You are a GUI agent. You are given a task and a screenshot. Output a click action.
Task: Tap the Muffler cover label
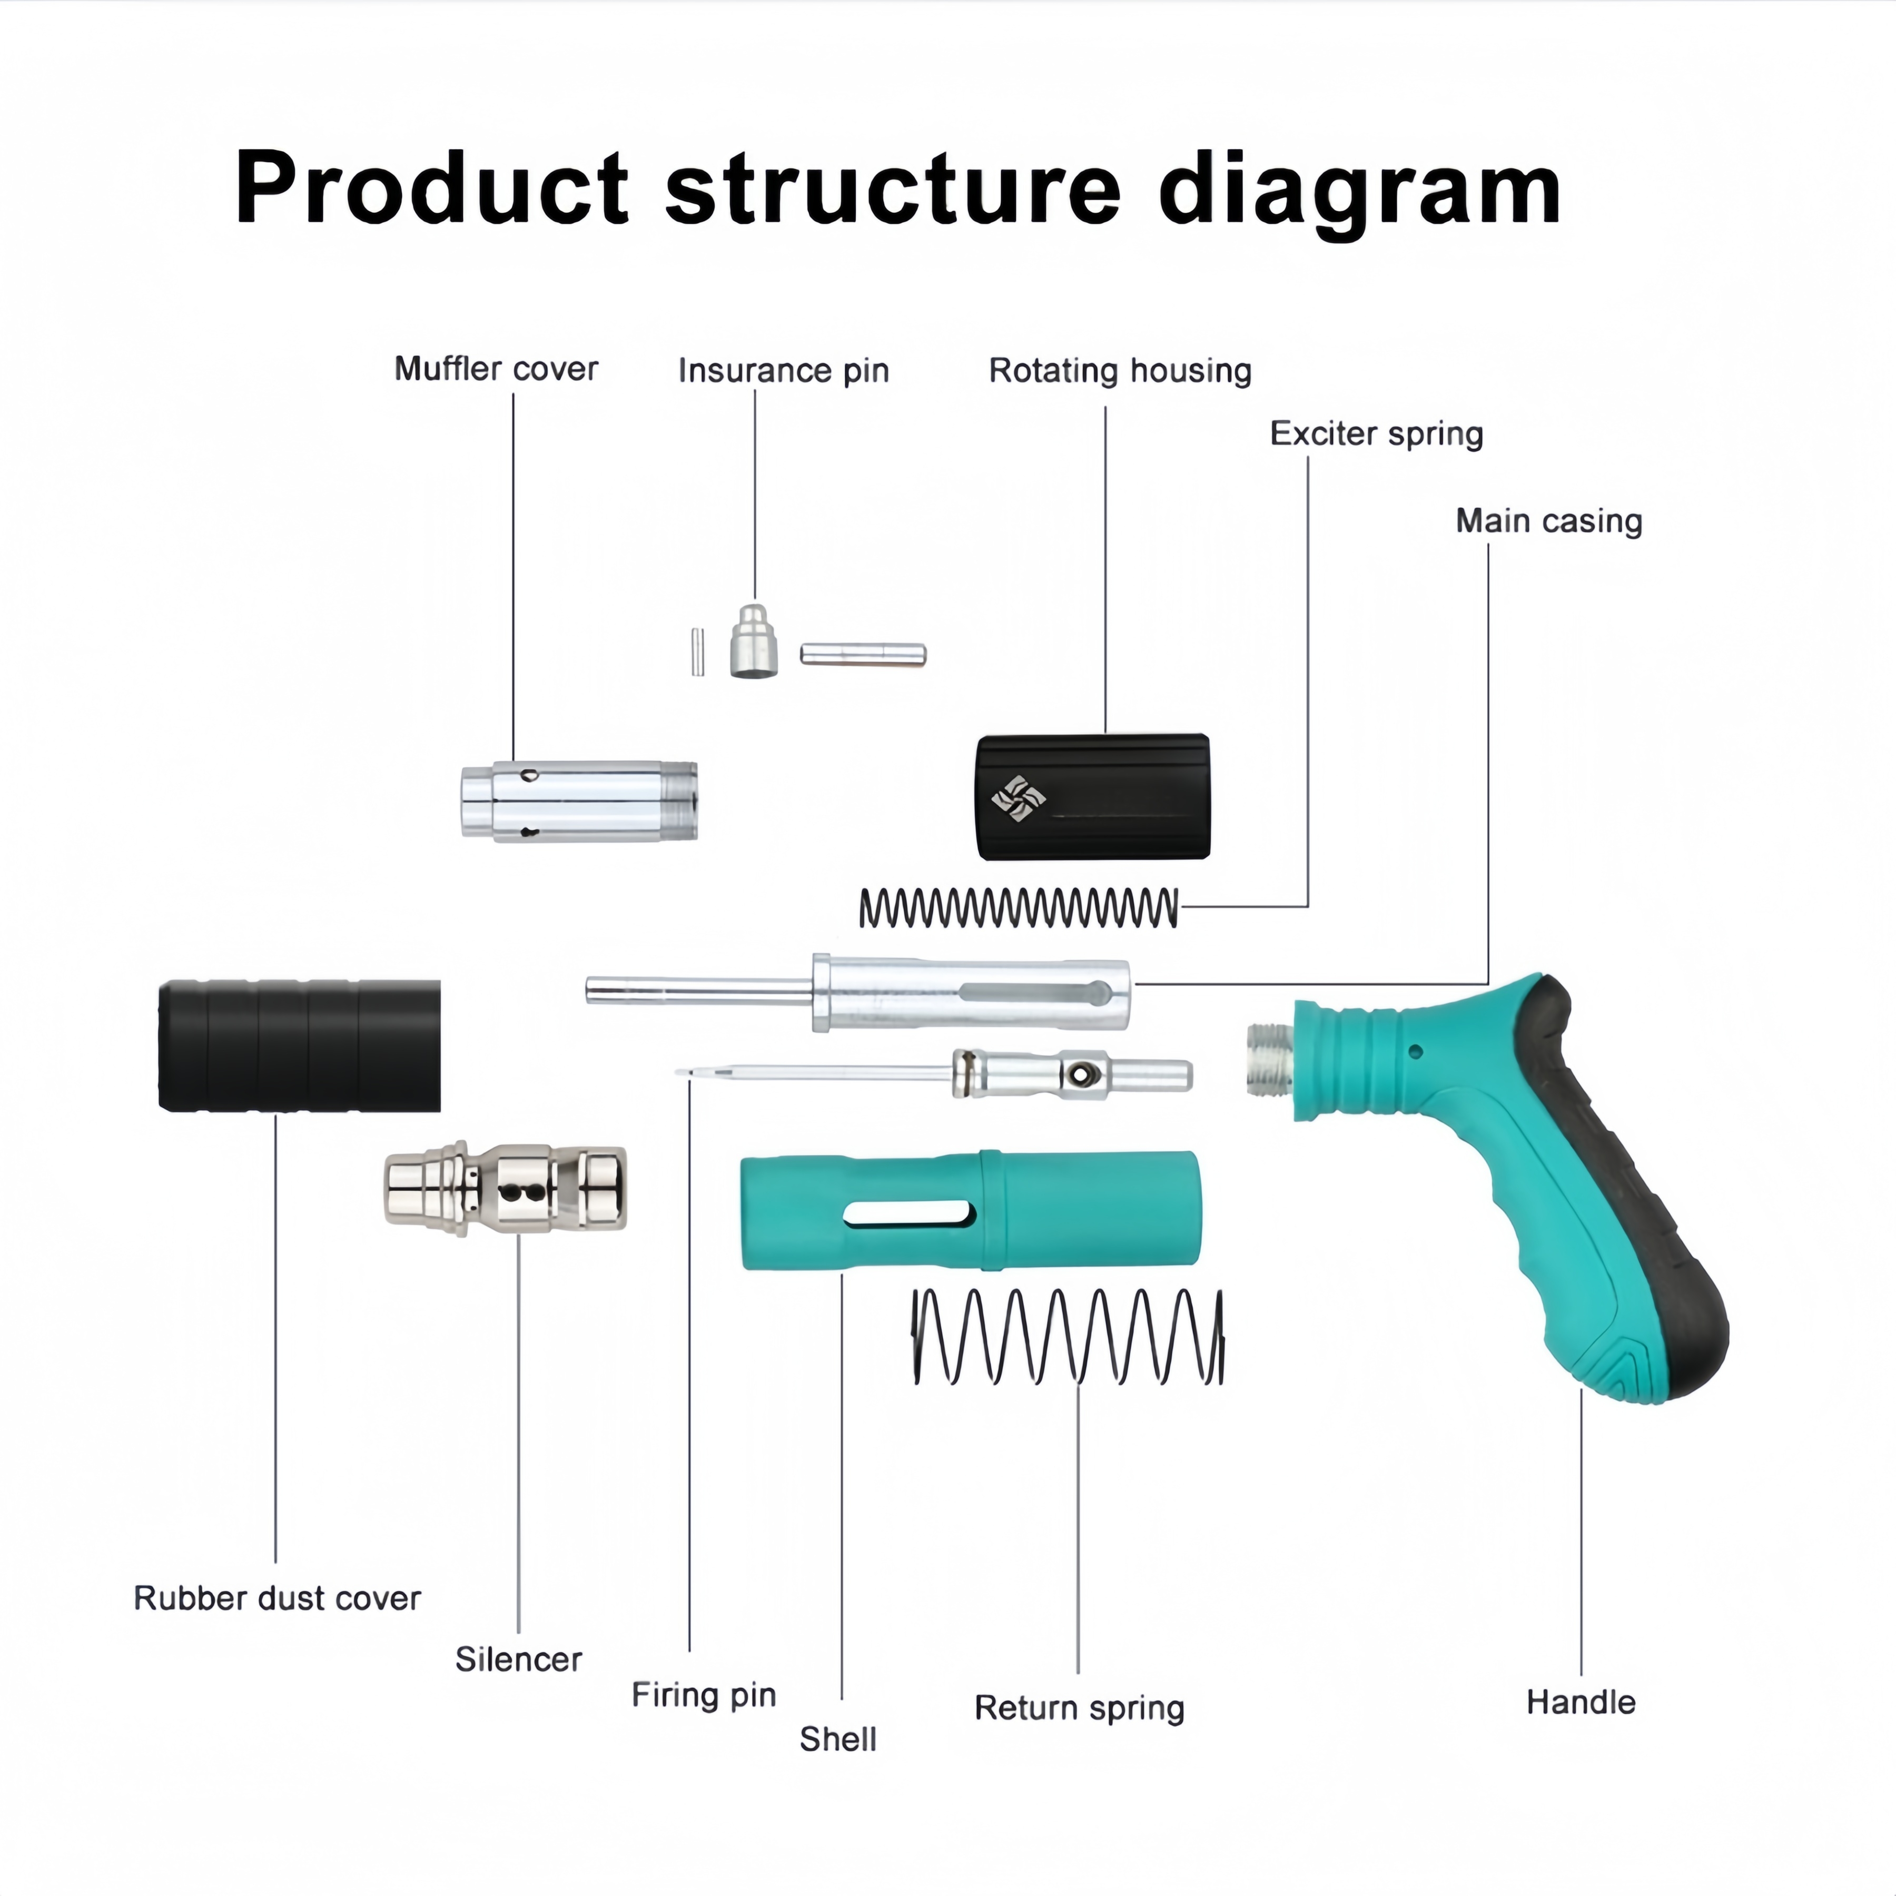tap(496, 369)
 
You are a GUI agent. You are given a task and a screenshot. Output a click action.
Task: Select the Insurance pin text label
tap(783, 371)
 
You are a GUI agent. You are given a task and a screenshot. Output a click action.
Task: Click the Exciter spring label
tap(1376, 434)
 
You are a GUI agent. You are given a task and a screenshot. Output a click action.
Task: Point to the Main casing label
tap(1548, 521)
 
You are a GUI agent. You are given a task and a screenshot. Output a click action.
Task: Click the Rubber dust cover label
tap(276, 1598)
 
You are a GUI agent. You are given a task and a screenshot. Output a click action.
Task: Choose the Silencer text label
tap(518, 1660)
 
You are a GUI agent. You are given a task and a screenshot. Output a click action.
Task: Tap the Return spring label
tap(1079, 1707)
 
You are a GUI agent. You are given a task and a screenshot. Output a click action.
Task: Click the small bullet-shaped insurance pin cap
tap(754, 642)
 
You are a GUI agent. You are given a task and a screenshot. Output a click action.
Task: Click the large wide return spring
tap(1068, 1337)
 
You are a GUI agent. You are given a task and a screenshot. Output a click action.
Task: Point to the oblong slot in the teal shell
tap(908, 1215)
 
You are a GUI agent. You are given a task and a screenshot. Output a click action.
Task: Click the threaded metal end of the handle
tap(1269, 1059)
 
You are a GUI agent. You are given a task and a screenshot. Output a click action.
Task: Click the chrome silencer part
tap(505, 1189)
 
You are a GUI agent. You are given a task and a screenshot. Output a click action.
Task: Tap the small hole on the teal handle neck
tap(1415, 1051)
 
